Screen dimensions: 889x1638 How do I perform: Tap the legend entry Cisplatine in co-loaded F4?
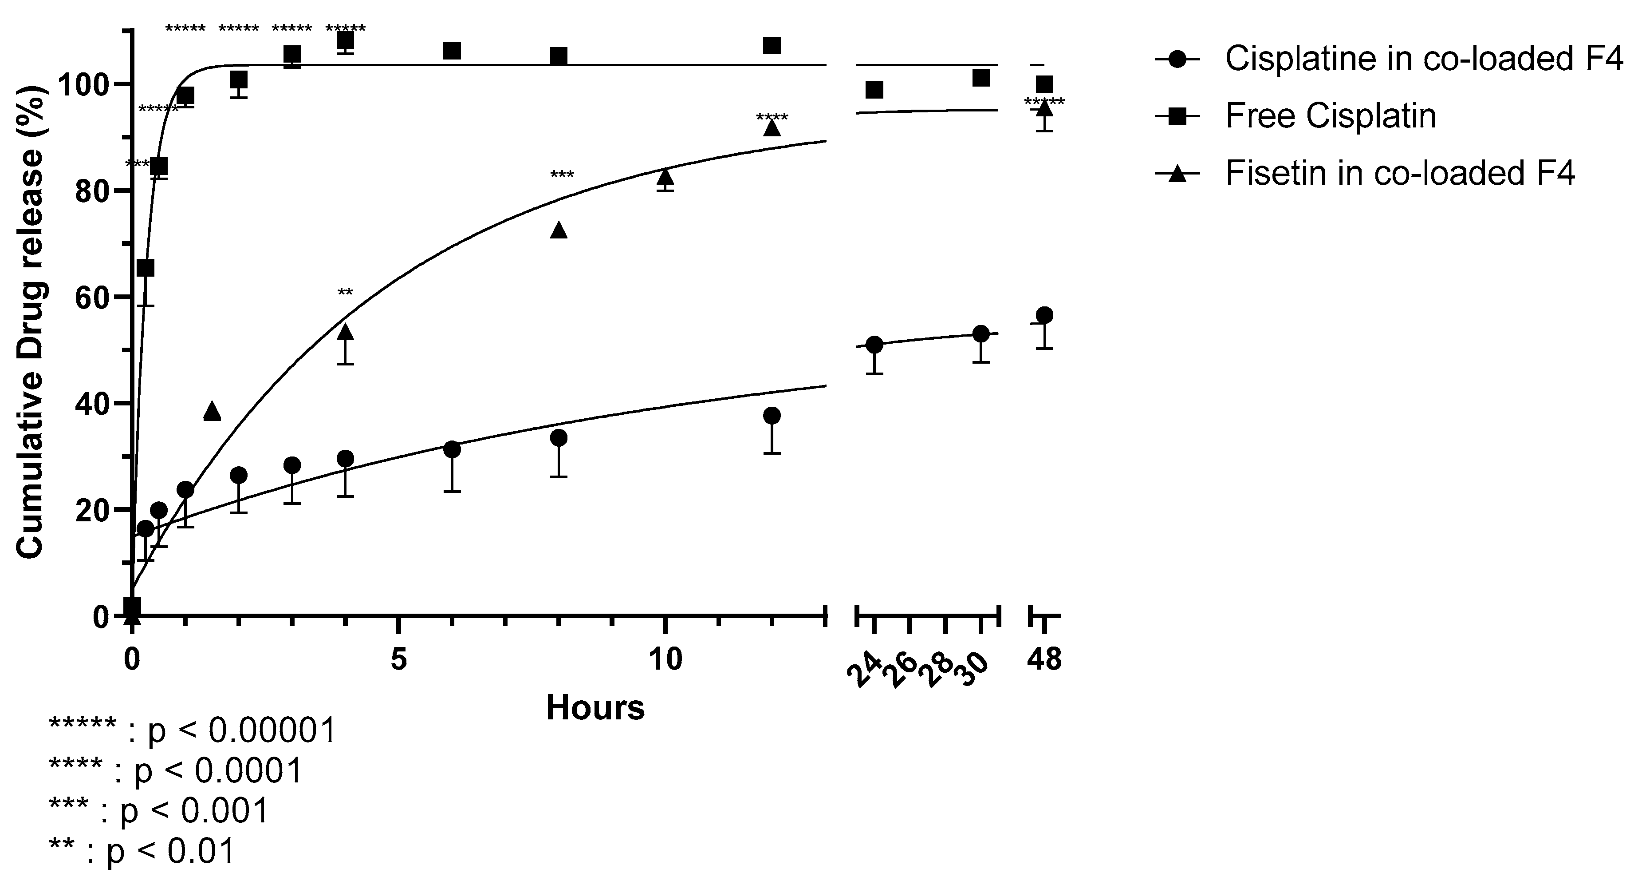coord(1424,59)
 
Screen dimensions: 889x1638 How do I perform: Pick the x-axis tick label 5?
coord(398,660)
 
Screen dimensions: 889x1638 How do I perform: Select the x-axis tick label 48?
coord(1044,660)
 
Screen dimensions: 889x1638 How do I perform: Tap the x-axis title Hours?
coord(595,708)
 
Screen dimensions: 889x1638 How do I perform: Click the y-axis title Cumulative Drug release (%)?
coord(31,325)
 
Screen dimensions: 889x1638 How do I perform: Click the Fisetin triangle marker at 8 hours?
coord(558,230)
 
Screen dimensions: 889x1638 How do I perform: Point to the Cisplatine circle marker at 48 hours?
coord(1044,315)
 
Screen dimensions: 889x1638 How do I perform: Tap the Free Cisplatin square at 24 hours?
coord(874,90)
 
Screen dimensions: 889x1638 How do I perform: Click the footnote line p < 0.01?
coord(142,851)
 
